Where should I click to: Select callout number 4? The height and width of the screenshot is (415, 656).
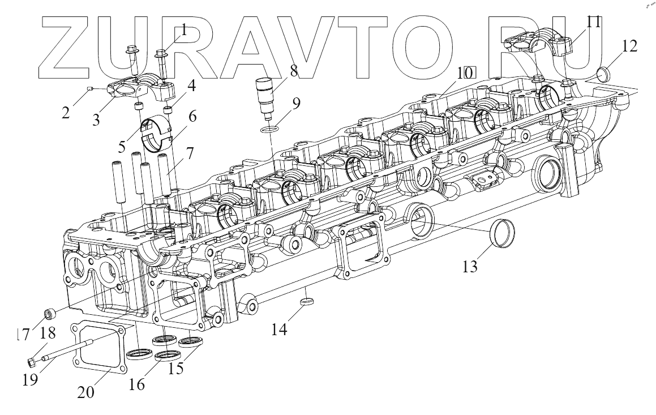click(x=192, y=87)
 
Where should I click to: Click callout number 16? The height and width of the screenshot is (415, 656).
click(x=136, y=384)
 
